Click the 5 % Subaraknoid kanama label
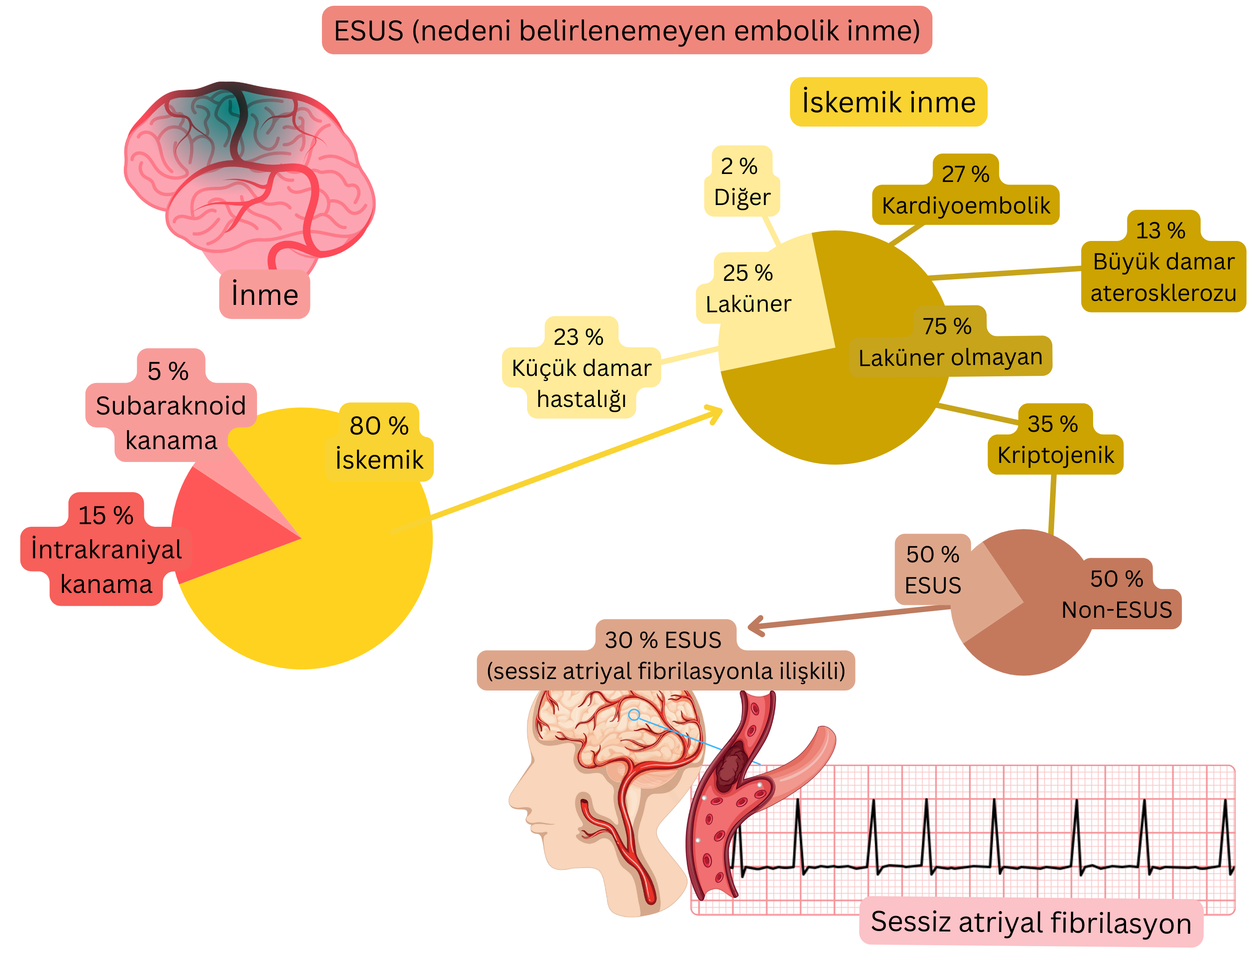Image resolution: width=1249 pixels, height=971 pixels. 170,406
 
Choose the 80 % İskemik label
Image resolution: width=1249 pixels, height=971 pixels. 379,443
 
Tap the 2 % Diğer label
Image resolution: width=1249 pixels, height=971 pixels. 742,182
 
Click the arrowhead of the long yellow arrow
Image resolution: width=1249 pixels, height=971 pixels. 717,413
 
